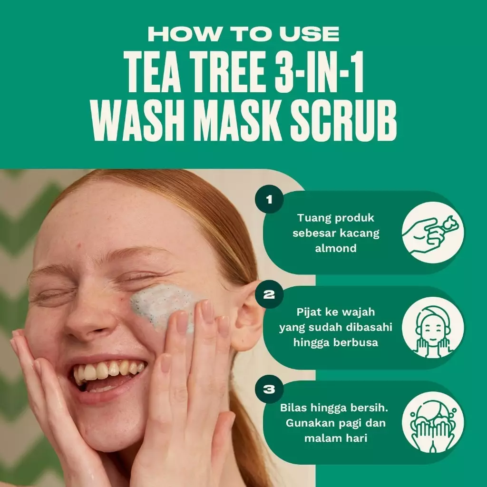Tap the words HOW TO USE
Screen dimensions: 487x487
tap(243, 34)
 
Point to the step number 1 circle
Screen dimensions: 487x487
tap(270, 199)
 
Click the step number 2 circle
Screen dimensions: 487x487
tap(270, 295)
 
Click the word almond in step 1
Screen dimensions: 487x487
tap(335, 248)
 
